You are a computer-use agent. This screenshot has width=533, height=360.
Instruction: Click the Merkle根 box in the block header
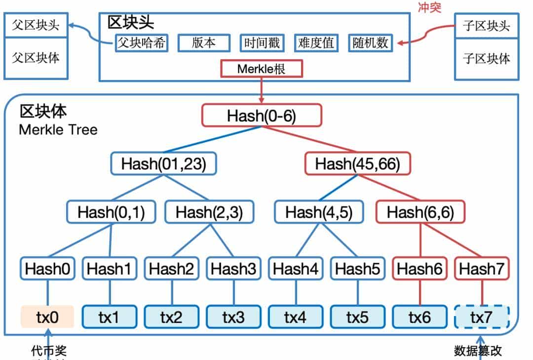coord(262,69)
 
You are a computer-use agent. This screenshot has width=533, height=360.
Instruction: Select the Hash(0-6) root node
coord(262,116)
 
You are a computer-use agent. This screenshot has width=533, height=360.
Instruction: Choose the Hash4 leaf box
coord(295,269)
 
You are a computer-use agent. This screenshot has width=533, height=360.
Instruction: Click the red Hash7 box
coord(481,269)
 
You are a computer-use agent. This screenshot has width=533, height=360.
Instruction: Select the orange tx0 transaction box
coord(47,317)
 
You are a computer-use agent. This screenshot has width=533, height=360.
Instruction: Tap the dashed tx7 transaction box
coord(481,317)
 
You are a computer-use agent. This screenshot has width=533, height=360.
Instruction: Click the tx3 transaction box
coord(233,317)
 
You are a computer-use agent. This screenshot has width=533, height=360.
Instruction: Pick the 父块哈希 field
coord(141,43)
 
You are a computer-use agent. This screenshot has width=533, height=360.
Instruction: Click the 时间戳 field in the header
coord(262,43)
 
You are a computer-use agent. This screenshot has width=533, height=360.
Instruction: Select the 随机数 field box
coord(370,43)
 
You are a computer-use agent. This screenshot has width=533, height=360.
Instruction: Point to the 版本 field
coord(203,43)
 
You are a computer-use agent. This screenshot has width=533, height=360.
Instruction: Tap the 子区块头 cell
coord(486,26)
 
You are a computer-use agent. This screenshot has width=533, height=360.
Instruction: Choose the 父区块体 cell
coord(36,58)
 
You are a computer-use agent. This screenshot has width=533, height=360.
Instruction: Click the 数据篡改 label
coord(478,351)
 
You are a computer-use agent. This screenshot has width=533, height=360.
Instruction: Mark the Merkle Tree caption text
coord(58,130)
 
